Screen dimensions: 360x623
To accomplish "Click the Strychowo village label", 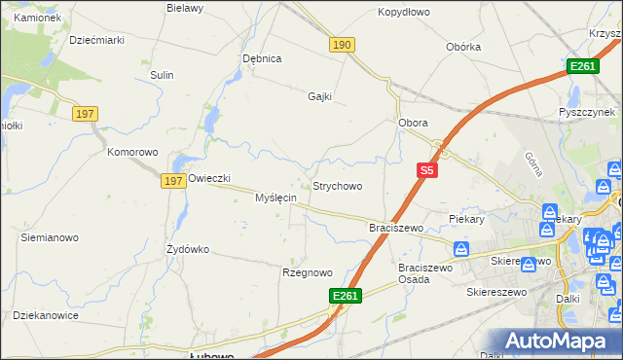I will pyautogui.click(x=337, y=186).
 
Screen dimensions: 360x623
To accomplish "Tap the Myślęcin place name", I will pyautogui.click(x=275, y=198).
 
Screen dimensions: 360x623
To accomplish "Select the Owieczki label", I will pyautogui.click(x=208, y=178).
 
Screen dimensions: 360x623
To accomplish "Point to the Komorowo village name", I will pyautogui.click(x=132, y=153).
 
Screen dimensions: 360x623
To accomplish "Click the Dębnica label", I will pyautogui.click(x=262, y=58).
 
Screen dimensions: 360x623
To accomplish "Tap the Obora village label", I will pyautogui.click(x=414, y=123).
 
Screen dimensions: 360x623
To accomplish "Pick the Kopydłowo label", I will pyautogui.click(x=403, y=13).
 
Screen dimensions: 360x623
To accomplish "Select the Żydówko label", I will pyautogui.click(x=188, y=249).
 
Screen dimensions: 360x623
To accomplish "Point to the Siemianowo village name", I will pyautogui.click(x=50, y=237).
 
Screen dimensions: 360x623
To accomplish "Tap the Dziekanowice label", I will pyautogui.click(x=45, y=315).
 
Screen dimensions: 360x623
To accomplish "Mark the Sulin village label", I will pyautogui.click(x=162, y=75).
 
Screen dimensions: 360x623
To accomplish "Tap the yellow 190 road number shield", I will pyautogui.click(x=342, y=46).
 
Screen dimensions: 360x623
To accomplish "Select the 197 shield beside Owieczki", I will pyautogui.click(x=174, y=181).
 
